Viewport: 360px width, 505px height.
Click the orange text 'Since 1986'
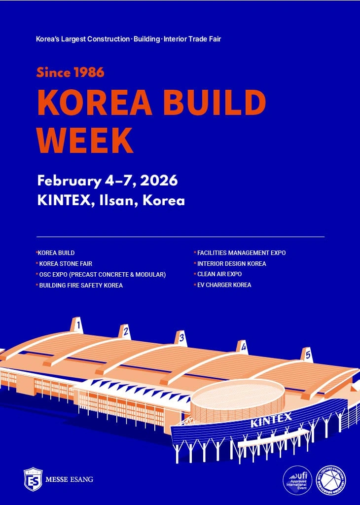tap(70, 72)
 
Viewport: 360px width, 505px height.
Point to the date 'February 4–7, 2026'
tap(107, 180)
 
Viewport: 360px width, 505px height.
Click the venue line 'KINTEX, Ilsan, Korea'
tap(111, 201)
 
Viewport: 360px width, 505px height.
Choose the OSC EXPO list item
tap(102, 275)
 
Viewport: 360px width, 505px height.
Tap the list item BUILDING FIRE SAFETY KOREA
tap(81, 286)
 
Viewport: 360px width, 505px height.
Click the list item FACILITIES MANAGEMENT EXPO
tap(241, 253)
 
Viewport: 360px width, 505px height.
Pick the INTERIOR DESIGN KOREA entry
tap(231, 264)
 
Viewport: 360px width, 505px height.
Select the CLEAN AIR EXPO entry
tap(219, 274)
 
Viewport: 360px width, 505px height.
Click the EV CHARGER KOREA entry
tap(224, 285)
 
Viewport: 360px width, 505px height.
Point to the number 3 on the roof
tap(181, 338)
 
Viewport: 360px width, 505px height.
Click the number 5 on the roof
tap(308, 354)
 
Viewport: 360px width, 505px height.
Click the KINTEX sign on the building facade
tap(271, 420)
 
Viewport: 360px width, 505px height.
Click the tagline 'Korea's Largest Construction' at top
tap(128, 38)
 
